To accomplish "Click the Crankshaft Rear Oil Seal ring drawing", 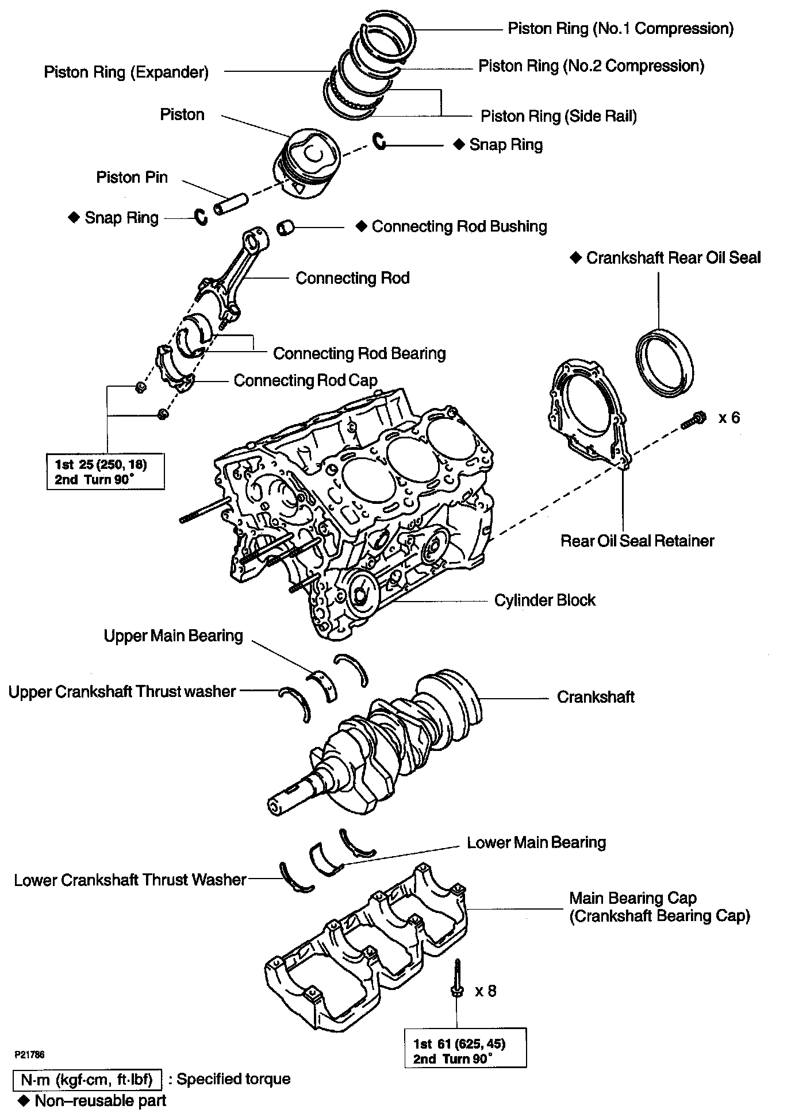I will (665, 363).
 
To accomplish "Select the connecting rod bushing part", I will (286, 228).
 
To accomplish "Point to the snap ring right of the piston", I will (379, 141).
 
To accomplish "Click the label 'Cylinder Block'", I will (544, 600).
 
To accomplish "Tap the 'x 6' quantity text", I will (729, 418).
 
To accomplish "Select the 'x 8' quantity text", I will (485, 991).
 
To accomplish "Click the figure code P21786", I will (30, 1055).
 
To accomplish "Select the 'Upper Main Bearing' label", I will (173, 636).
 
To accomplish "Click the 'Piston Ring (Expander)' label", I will (126, 72).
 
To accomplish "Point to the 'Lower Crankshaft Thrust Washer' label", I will (130, 880).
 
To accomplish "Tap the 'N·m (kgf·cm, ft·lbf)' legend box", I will (87, 1080).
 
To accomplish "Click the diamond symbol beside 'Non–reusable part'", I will (24, 1101).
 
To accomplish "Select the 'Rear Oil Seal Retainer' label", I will (637, 541).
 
